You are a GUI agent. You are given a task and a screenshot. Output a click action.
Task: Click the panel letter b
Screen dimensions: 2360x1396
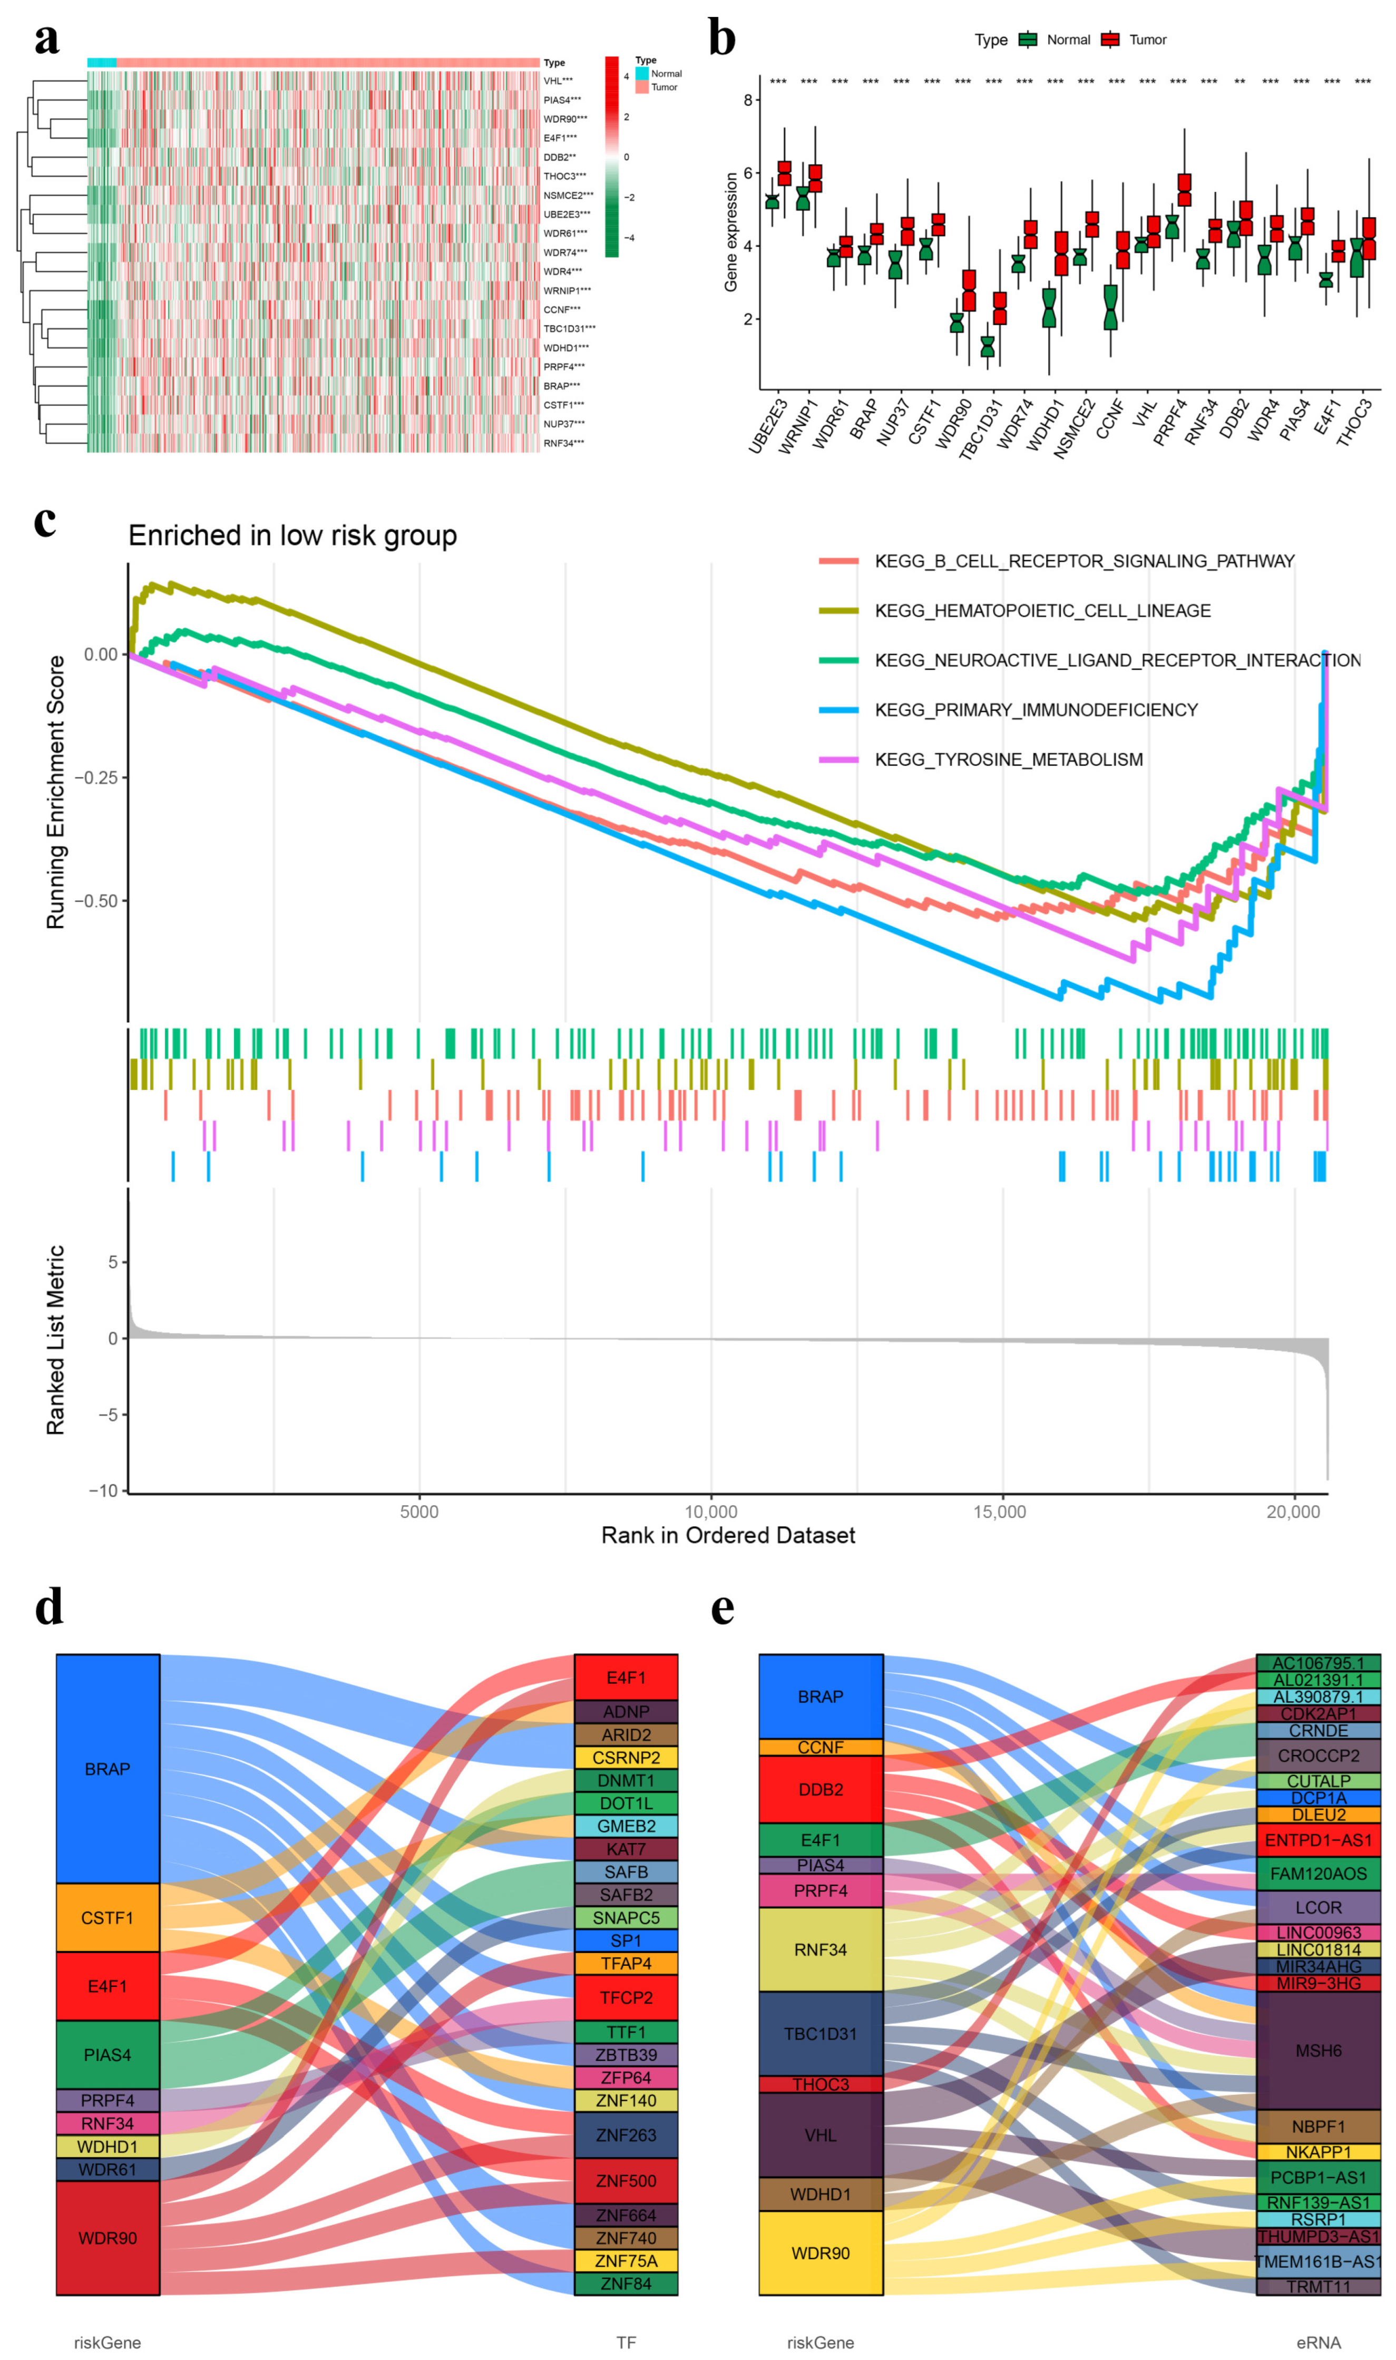(x=721, y=40)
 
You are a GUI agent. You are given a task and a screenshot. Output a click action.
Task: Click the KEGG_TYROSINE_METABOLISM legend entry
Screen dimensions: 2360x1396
(x=1009, y=759)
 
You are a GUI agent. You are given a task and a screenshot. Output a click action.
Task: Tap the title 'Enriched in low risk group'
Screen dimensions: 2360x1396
(x=292, y=535)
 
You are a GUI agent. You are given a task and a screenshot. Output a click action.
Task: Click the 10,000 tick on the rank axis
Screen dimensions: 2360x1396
(x=710, y=1511)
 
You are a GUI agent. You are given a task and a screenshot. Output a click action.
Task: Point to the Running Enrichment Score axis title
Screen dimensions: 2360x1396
(x=55, y=792)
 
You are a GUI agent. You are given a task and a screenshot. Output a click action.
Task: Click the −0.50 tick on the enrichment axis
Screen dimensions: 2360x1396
(x=100, y=900)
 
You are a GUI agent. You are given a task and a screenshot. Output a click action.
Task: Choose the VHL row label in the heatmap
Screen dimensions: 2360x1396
(x=558, y=81)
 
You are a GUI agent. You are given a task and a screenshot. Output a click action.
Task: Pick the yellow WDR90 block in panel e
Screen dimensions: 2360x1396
(x=821, y=2254)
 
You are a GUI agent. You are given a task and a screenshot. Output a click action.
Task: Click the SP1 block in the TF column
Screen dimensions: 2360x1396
(x=626, y=1940)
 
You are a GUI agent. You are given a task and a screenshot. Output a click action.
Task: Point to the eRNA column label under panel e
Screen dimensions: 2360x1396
(x=1318, y=2342)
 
